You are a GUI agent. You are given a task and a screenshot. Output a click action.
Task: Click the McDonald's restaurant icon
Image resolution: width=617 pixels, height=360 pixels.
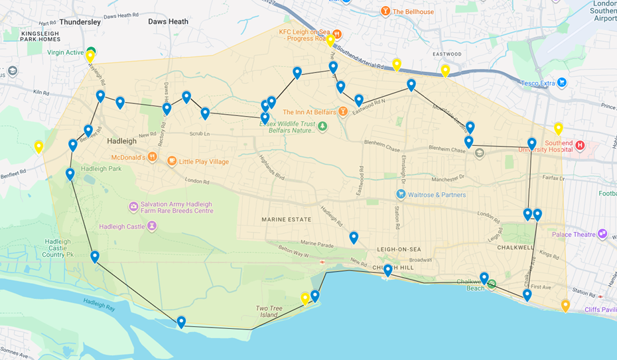153,157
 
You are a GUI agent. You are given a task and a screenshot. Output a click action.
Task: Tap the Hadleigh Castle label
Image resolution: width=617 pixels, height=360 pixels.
121,226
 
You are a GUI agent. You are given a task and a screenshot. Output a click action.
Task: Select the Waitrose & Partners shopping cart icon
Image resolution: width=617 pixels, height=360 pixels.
401,194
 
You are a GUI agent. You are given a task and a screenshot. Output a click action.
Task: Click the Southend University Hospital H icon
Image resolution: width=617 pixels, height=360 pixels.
580,145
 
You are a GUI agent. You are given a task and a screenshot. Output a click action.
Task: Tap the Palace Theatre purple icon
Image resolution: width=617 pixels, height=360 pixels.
602,234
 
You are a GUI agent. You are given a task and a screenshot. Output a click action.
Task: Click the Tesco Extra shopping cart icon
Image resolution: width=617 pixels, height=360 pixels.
562,82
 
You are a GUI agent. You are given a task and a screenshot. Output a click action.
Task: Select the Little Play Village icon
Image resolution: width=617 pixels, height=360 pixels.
171,161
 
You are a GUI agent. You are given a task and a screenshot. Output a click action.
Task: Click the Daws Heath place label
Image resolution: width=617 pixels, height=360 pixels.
168,22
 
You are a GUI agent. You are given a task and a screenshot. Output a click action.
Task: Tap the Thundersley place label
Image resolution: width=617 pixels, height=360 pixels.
80,22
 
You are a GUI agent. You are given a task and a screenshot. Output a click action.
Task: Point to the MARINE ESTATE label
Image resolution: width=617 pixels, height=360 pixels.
287,219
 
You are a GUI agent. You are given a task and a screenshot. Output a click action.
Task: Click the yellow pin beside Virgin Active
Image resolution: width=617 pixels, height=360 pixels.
90,56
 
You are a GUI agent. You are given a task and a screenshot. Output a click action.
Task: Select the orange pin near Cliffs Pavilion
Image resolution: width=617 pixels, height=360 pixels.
565,306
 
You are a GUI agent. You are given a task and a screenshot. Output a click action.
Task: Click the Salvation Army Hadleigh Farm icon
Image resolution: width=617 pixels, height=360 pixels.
133,208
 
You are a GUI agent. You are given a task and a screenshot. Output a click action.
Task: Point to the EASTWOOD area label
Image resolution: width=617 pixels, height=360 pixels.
446,54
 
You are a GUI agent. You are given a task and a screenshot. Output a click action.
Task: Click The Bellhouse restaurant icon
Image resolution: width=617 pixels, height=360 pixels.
385,12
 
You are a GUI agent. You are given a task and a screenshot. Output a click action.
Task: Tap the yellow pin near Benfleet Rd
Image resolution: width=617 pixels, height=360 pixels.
38,147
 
